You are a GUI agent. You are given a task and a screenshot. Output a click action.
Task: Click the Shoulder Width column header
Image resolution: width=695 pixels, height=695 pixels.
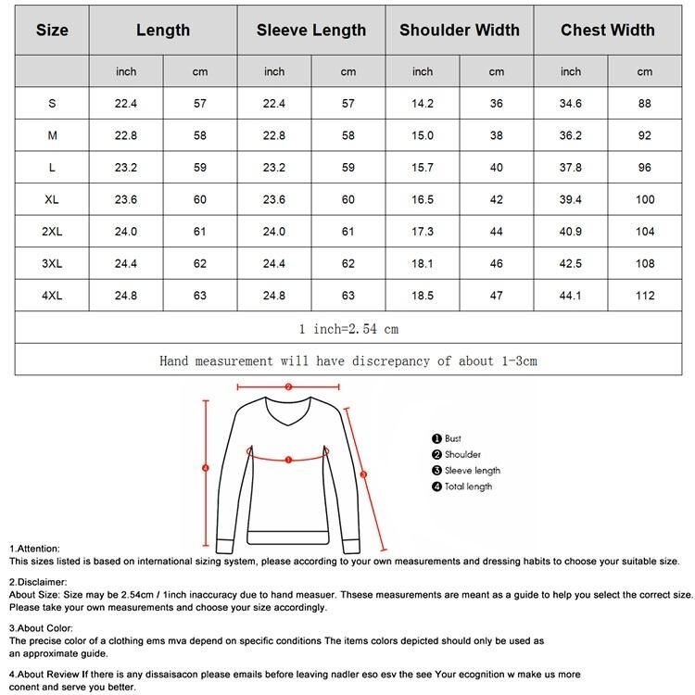459,30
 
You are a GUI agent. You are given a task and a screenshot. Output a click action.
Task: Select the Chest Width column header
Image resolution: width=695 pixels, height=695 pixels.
607,30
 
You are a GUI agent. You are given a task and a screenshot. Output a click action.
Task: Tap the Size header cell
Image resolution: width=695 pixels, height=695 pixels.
52,30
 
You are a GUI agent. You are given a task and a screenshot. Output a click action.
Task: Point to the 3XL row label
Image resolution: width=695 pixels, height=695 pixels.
52,264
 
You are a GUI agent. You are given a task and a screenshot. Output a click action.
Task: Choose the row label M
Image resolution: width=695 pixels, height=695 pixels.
52,136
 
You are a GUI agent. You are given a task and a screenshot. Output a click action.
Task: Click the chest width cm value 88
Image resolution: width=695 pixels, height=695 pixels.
644,104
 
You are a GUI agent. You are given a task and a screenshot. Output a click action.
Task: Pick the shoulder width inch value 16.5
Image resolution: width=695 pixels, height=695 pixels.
423,200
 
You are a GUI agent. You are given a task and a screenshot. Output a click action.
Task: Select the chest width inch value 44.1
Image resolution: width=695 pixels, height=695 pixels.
571,297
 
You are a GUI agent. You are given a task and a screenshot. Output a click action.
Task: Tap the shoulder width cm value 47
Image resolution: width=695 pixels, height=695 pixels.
497,297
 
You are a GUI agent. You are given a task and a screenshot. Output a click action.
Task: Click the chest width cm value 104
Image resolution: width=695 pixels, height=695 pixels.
644,233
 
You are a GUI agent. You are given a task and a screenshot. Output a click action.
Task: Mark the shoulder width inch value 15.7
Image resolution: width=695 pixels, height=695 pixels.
423,168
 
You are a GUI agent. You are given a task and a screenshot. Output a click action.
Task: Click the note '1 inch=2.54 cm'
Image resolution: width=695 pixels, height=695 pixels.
347,329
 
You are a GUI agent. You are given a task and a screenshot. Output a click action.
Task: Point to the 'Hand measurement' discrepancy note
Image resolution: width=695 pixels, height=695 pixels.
347,360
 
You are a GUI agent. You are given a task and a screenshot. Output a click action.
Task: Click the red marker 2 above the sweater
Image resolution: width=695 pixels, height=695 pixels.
288,387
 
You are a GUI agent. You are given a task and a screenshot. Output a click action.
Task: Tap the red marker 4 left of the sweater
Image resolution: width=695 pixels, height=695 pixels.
206,468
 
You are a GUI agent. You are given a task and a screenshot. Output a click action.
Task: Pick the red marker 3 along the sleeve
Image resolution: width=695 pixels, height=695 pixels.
363,474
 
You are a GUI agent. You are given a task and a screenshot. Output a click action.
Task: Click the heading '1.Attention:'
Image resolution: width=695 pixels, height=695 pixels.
35,549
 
